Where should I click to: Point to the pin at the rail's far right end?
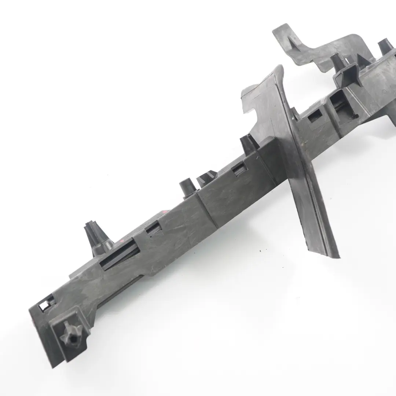coord(385,46)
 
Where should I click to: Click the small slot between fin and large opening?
coord(315,117)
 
